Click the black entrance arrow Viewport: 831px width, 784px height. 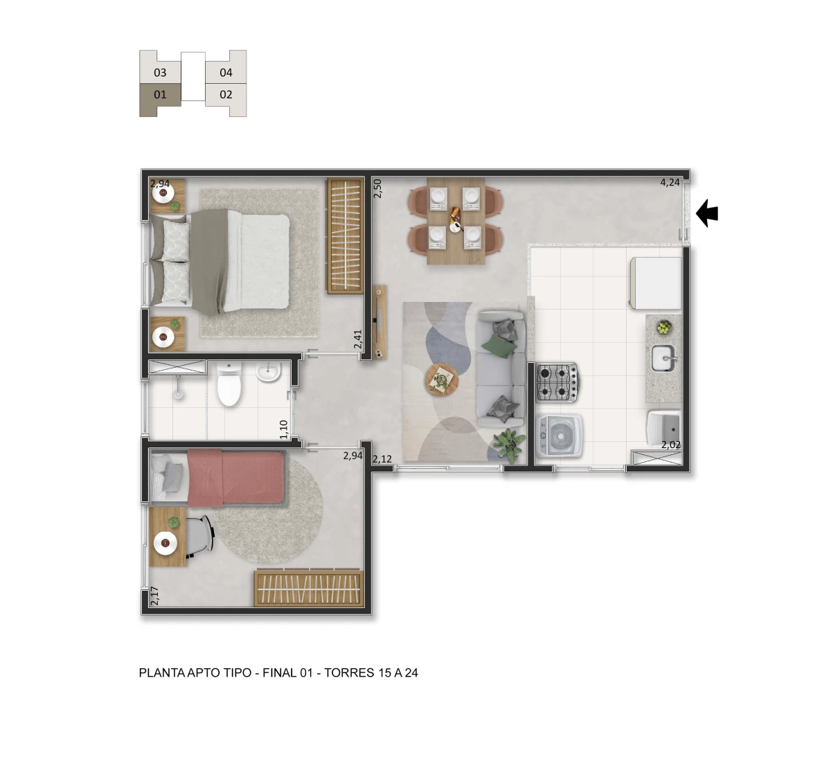click(707, 213)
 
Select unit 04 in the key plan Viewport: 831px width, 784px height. click(226, 72)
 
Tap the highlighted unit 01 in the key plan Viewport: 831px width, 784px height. click(160, 95)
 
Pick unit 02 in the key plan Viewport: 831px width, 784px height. click(226, 95)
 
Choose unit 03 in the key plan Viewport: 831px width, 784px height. click(160, 72)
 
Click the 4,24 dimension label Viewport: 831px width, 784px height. click(670, 183)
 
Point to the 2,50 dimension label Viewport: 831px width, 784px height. click(377, 188)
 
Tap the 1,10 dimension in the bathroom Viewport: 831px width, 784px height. click(283, 429)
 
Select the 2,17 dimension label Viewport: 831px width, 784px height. click(154, 596)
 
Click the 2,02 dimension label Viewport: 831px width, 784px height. click(670, 445)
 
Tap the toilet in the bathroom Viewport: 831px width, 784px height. click(229, 387)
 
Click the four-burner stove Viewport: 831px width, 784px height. click(556, 382)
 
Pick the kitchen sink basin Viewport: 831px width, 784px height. click(663, 359)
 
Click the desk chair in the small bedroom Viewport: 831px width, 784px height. click(200, 536)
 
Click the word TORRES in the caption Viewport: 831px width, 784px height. click(350, 672)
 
